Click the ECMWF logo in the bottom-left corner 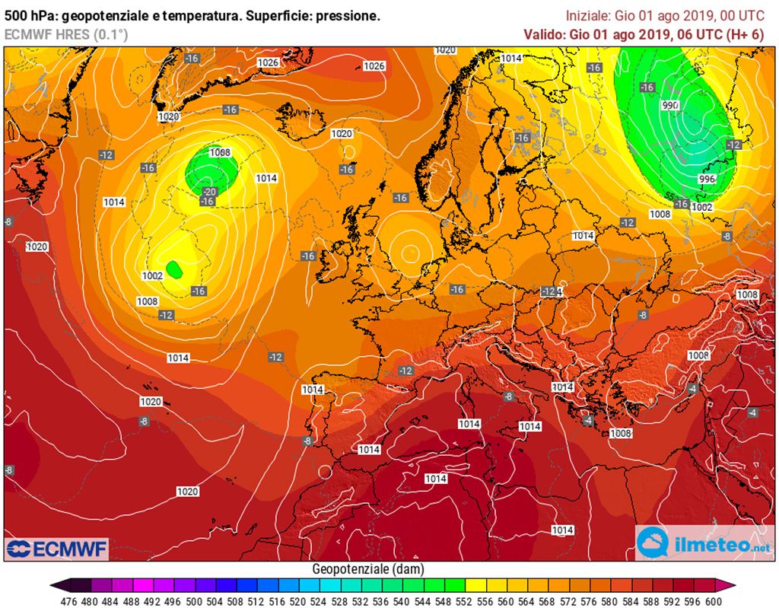coord(57,548)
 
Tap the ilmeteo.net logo coord(704,543)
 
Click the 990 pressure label coord(670,106)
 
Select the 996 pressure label coord(707,179)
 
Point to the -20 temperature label coord(210,191)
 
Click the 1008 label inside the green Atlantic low coord(220,152)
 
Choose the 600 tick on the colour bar coord(713,600)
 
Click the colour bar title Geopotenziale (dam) coord(368,569)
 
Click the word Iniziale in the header coord(587,16)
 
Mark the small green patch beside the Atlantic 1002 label coord(174,268)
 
